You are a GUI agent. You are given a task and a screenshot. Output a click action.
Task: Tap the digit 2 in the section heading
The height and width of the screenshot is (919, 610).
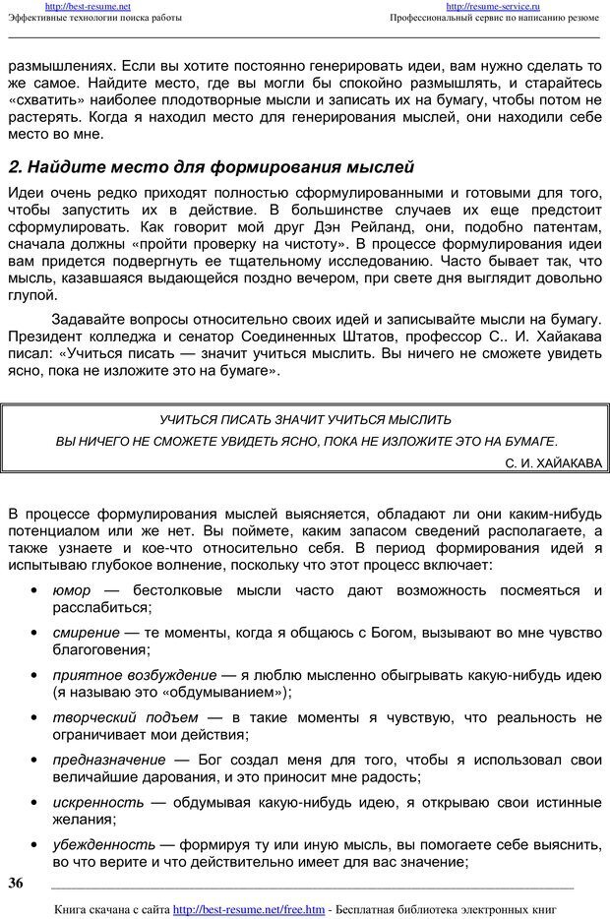tap(14, 166)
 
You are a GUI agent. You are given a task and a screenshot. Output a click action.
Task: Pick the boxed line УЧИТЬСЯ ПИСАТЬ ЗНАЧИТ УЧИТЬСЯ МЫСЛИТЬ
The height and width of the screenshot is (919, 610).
tap(305, 419)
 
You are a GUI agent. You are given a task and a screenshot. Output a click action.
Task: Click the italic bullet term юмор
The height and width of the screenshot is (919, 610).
tap(71, 590)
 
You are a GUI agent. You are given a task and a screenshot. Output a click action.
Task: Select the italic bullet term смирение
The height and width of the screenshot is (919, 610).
tap(86, 633)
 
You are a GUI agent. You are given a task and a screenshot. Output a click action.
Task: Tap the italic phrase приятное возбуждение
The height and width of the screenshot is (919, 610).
tap(134, 675)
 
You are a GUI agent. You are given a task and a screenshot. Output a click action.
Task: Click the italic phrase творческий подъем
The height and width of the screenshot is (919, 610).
tap(124, 717)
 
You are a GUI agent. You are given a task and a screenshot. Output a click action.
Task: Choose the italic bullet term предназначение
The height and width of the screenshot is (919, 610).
tap(108, 760)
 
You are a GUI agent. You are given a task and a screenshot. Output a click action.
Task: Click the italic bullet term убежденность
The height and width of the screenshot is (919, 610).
tap(103, 844)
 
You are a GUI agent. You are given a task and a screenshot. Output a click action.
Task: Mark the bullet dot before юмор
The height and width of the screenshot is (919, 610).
tap(34, 590)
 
